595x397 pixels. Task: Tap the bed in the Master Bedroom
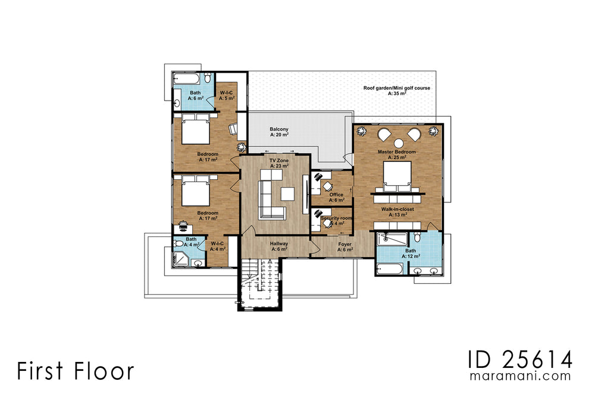(x=397, y=174)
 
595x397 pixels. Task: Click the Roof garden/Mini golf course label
(x=397, y=88)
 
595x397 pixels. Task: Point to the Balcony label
(x=279, y=129)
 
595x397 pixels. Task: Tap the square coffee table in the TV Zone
(x=288, y=194)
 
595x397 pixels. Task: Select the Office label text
(x=336, y=195)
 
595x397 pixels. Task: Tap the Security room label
(x=337, y=218)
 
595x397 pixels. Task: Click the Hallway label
(x=279, y=243)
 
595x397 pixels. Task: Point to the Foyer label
(x=346, y=243)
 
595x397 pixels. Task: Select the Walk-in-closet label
(x=397, y=210)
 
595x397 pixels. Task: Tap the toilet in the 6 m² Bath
(x=206, y=79)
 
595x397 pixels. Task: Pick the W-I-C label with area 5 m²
(x=226, y=93)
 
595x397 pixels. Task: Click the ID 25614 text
(x=520, y=360)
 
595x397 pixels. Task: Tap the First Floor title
(x=76, y=371)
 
